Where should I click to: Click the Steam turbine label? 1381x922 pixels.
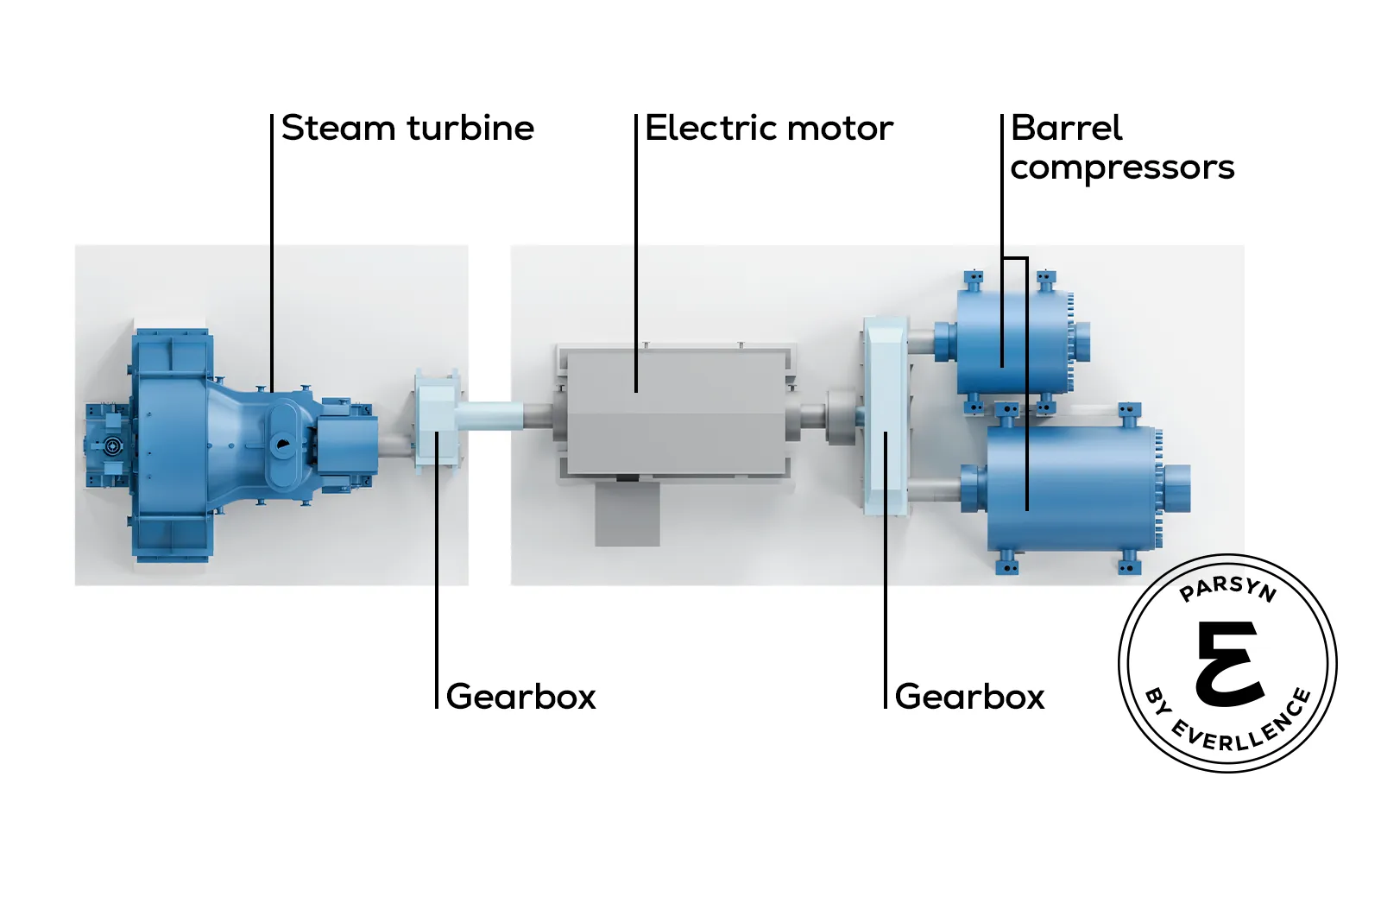tap(407, 129)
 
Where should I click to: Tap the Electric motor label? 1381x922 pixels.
tap(768, 129)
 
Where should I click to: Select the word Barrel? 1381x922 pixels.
tap(1066, 129)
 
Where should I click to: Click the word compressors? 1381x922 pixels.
tap(1122, 167)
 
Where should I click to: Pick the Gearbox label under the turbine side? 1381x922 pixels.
tap(520, 697)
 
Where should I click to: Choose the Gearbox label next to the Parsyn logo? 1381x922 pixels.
tap(969, 697)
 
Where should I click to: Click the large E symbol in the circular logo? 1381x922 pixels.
tap(1229, 663)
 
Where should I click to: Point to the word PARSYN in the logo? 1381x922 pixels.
tap(1227, 589)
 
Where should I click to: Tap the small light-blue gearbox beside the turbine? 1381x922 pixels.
tap(435, 420)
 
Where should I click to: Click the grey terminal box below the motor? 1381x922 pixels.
tap(627, 513)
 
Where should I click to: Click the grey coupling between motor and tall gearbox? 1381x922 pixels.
tap(839, 418)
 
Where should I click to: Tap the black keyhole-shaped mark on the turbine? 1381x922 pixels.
tap(282, 445)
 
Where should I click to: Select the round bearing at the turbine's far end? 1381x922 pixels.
tap(111, 446)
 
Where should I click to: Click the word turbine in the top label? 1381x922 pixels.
tap(470, 129)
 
